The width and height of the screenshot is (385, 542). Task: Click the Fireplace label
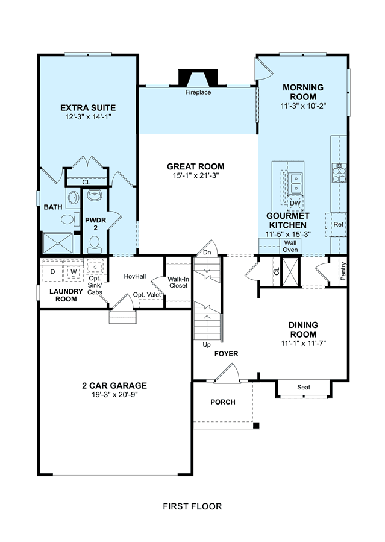(x=198, y=92)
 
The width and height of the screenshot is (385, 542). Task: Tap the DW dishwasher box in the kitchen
(x=295, y=203)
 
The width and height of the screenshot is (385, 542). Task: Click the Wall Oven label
(x=290, y=246)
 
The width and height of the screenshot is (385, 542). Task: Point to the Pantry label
(x=343, y=271)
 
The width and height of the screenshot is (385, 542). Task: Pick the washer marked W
(x=74, y=271)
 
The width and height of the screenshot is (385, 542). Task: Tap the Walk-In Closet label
(x=178, y=282)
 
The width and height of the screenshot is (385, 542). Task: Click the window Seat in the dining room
(x=304, y=388)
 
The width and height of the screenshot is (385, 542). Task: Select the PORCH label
(x=223, y=402)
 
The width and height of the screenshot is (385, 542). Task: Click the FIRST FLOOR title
(x=192, y=506)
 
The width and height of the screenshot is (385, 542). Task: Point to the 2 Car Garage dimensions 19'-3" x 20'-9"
(x=114, y=395)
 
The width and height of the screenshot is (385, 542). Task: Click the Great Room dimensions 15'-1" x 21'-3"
(x=196, y=175)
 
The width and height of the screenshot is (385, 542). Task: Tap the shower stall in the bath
(x=58, y=244)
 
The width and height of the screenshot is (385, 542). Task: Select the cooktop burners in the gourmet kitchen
(x=339, y=173)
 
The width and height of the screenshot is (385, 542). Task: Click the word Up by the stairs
(x=207, y=345)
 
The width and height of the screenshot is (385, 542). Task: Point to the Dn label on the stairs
(x=207, y=253)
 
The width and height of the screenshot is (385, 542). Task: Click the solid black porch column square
(x=256, y=426)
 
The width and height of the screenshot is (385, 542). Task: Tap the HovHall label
(x=135, y=276)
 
